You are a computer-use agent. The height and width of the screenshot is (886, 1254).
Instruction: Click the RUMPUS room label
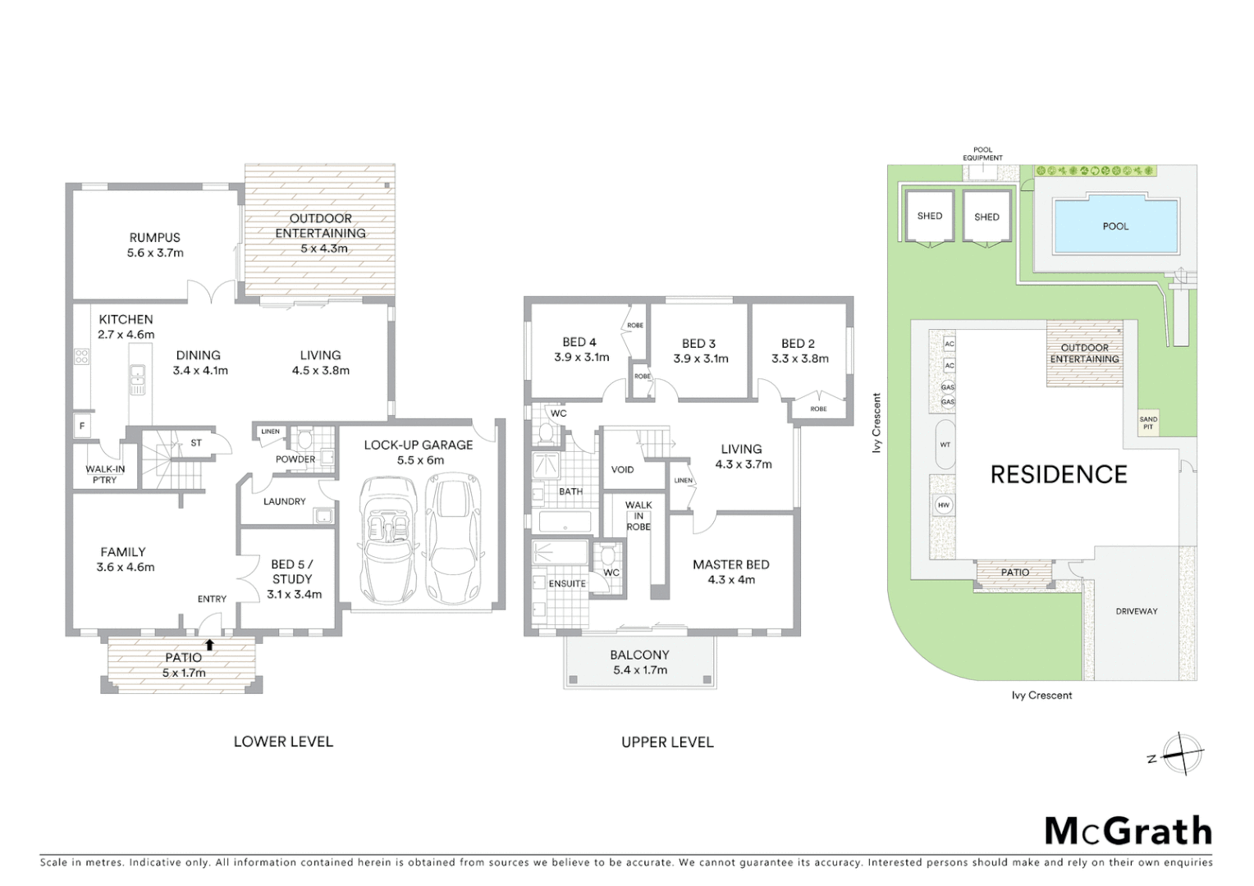[x=154, y=245]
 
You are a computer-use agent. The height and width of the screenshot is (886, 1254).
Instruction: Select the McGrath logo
[x=1128, y=831]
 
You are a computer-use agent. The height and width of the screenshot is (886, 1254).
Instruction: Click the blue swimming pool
[x=1114, y=226]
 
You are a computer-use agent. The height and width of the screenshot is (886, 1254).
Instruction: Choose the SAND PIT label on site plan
[x=1147, y=423]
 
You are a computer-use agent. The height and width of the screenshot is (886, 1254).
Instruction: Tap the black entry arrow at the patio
[x=210, y=645]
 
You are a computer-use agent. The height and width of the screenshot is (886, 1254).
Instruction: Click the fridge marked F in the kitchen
[x=81, y=426]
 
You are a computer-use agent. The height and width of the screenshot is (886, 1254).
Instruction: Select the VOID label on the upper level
[x=622, y=469]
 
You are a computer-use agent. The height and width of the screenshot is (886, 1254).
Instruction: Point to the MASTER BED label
[x=730, y=572]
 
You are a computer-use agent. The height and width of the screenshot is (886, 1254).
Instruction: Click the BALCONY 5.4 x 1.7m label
[x=639, y=662]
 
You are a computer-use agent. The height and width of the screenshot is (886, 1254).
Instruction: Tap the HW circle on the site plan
[x=943, y=505]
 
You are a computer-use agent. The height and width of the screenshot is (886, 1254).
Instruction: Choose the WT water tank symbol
[x=945, y=445]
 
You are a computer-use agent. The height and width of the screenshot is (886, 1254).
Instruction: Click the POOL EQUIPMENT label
[x=982, y=154]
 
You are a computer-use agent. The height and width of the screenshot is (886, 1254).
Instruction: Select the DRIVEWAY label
[x=1136, y=611]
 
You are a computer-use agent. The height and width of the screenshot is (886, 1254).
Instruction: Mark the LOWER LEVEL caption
[x=283, y=742]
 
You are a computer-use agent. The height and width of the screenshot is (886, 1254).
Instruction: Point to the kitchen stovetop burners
[x=82, y=356]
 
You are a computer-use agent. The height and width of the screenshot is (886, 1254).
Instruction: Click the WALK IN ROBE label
[x=638, y=516]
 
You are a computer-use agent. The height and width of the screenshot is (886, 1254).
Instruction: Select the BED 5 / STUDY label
[x=293, y=578]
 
